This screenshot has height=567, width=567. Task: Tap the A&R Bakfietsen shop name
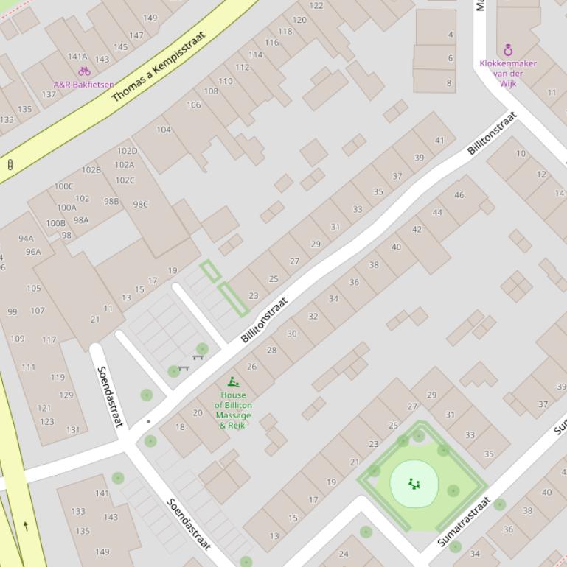[x=83, y=85]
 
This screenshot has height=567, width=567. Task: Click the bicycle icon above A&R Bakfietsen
[x=84, y=71]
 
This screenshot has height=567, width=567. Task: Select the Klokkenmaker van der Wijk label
[x=508, y=73]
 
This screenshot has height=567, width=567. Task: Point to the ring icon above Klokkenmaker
[x=508, y=50]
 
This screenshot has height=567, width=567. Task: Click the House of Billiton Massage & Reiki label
[x=233, y=410]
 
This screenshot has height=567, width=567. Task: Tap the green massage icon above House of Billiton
[x=233, y=381]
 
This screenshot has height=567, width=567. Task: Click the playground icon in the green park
[x=414, y=484]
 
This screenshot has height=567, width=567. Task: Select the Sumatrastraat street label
[x=465, y=521]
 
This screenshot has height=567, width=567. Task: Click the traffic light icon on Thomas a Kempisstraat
[x=10, y=164]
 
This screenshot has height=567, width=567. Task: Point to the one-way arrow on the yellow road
[x=27, y=526]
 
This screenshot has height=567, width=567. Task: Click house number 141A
[x=77, y=57]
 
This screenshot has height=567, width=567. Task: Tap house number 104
[x=164, y=130]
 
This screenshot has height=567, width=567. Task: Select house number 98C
[x=140, y=205]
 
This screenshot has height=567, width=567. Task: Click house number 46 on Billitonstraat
[x=459, y=195]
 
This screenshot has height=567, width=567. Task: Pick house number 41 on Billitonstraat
[x=439, y=141]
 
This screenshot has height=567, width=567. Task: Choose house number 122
[x=316, y=6]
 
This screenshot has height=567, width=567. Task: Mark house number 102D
[x=128, y=152]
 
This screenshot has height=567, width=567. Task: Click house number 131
[x=73, y=430]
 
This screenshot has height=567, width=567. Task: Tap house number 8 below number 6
[x=450, y=83]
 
